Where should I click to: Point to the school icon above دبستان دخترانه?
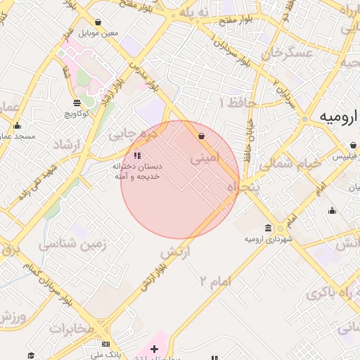pyautogui.click(x=136, y=155)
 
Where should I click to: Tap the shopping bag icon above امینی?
pyautogui.click(x=202, y=136)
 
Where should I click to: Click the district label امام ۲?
pyautogui.click(x=215, y=281)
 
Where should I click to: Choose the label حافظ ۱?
pyautogui.click(x=240, y=103)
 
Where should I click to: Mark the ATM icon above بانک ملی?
pyautogui.click(x=105, y=345)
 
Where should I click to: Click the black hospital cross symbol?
pyautogui.click(x=155, y=348)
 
